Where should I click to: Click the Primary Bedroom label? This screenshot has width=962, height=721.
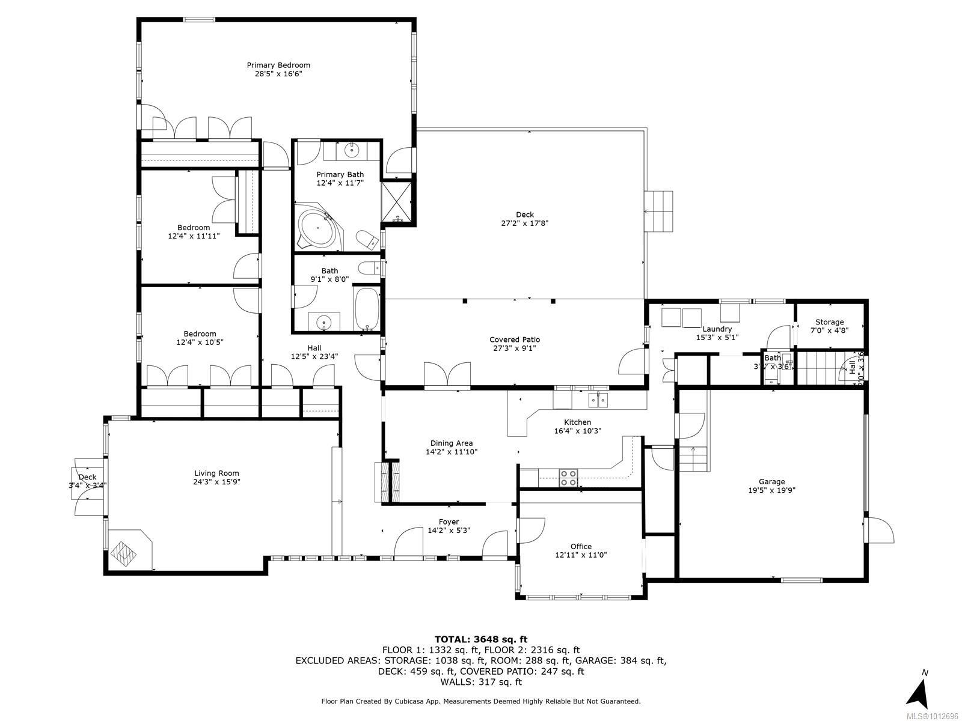pyautogui.click(x=278, y=65)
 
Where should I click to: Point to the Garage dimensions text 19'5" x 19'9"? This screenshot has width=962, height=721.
pyautogui.click(x=771, y=490)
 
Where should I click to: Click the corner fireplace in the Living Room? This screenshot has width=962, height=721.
pyautogui.click(x=129, y=549)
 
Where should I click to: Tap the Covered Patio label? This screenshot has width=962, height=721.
pyautogui.click(x=515, y=339)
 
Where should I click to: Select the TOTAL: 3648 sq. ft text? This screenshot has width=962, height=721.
pyautogui.click(x=480, y=639)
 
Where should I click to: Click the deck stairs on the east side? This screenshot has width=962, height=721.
pyautogui.click(x=659, y=211)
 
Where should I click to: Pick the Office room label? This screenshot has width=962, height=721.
pyautogui.click(x=581, y=546)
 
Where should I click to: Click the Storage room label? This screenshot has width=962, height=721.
pyautogui.click(x=829, y=322)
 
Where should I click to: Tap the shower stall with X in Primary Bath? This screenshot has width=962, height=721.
pyautogui.click(x=397, y=202)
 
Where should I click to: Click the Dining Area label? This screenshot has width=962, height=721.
pyautogui.click(x=450, y=443)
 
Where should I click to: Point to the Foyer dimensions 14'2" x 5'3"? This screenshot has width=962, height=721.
pyautogui.click(x=449, y=531)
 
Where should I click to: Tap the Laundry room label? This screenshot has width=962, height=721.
pyautogui.click(x=717, y=329)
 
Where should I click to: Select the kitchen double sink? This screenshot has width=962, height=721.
pyautogui.click(x=598, y=399)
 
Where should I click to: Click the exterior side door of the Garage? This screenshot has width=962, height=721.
pyautogui.click(x=880, y=530)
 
